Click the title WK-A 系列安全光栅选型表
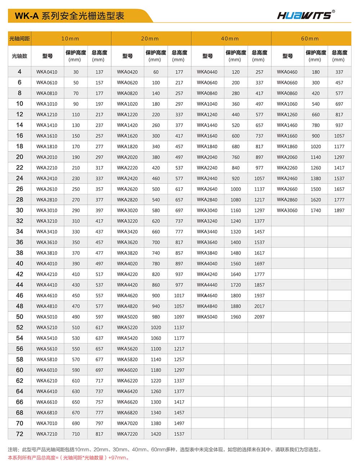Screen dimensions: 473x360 tap(69, 16)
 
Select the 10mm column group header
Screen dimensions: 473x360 tap(70, 39)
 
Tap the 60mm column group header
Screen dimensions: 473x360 tap(310, 39)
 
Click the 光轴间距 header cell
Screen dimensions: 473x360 tap(19, 39)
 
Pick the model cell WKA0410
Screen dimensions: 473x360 tap(47, 72)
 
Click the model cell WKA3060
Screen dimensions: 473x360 tap(287, 211)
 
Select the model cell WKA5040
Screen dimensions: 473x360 tap(207, 317)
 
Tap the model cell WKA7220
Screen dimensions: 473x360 tap(127, 434)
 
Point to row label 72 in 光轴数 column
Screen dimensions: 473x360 tap(19, 434)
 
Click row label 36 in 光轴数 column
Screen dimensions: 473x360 tap(19, 242)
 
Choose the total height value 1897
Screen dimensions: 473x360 tap(339, 211)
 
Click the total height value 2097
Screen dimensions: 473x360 tap(259, 317)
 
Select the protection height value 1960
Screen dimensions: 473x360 tap(236, 317)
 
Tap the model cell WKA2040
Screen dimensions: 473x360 tap(207, 157)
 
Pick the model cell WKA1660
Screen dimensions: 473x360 tap(287, 136)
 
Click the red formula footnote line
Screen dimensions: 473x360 tap(68, 458)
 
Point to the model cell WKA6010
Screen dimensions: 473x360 tap(47, 370)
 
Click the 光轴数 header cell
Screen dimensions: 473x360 tap(19, 56)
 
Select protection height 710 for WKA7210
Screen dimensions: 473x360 tap(76, 434)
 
